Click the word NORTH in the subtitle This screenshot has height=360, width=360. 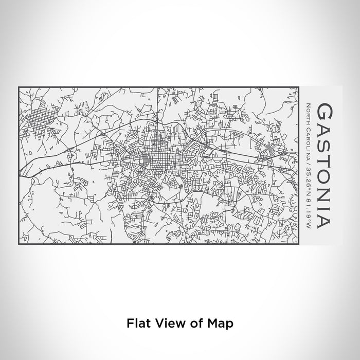click(x=307, y=111)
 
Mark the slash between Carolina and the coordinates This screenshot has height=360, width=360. click(x=307, y=155)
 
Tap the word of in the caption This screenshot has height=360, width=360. click(x=194, y=323)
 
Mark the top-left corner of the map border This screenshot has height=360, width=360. click(x=19, y=87)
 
